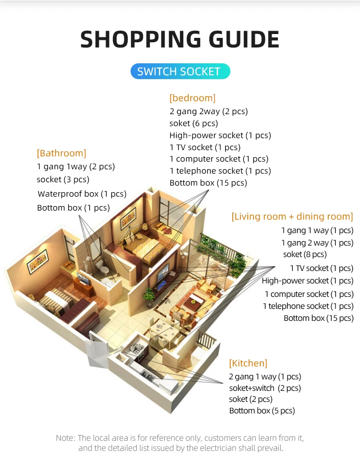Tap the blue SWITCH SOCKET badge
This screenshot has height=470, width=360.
click(x=180, y=72)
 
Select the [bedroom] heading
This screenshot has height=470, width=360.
click(x=192, y=98)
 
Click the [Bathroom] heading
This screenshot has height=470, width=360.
click(x=61, y=153)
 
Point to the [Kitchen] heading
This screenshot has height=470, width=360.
click(x=248, y=363)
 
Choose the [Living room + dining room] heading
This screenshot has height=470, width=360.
click(x=292, y=216)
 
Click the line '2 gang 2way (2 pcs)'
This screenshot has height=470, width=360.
click(x=208, y=111)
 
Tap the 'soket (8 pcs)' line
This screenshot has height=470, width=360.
click(x=304, y=254)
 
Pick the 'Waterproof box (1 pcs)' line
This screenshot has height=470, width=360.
click(x=82, y=194)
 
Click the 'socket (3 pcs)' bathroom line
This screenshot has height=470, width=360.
click(x=63, y=179)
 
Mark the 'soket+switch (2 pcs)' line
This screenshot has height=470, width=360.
click(x=264, y=388)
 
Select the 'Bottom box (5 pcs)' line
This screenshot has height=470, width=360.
click(x=262, y=411)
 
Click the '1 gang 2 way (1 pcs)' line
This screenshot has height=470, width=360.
click(x=317, y=243)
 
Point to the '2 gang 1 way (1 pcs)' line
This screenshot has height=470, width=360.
click(x=264, y=376)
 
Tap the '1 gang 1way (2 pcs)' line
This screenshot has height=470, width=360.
click(x=76, y=167)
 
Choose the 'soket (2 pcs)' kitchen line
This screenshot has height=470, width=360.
click(x=250, y=399)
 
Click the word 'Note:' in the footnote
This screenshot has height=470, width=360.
click(x=66, y=438)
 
